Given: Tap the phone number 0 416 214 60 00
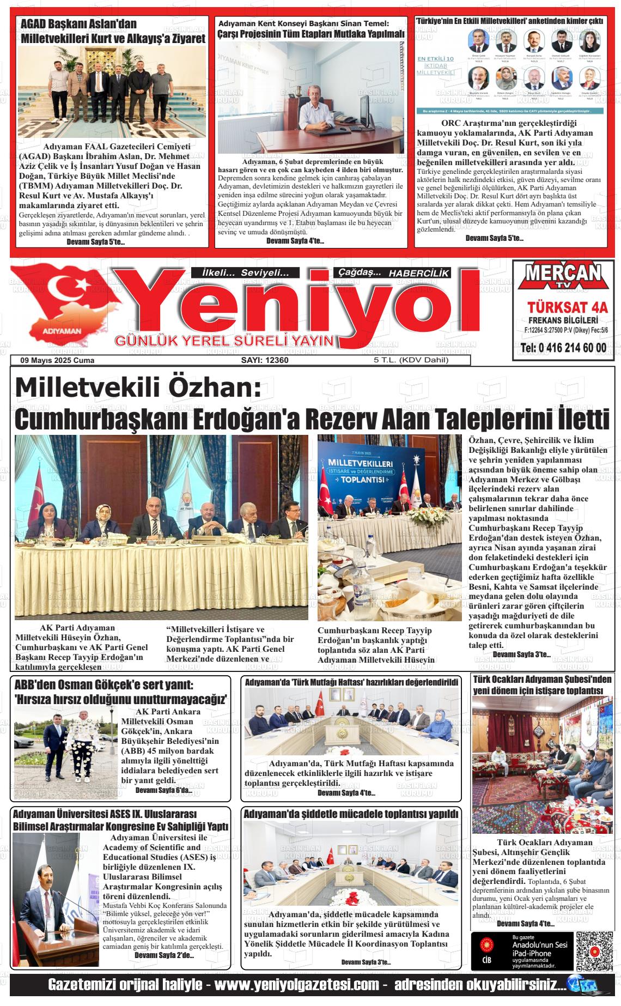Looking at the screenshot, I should pyautogui.click(x=563, y=348).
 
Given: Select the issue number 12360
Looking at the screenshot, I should pyautogui.click(x=265, y=360).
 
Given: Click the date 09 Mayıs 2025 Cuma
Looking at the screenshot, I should pyautogui.click(x=57, y=360).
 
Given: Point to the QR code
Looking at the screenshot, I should pyautogui.click(x=595, y=951).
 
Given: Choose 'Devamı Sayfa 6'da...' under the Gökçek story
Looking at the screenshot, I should pyautogui.click(x=163, y=790).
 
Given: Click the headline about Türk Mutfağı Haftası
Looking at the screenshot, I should pyautogui.click(x=351, y=682).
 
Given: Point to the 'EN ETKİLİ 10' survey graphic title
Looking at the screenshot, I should pyautogui.click(x=435, y=59).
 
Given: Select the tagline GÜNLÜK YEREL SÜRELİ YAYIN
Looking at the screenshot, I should pyautogui.click(x=224, y=341).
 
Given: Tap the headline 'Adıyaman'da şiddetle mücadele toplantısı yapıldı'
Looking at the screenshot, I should pyautogui.click(x=351, y=814).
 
